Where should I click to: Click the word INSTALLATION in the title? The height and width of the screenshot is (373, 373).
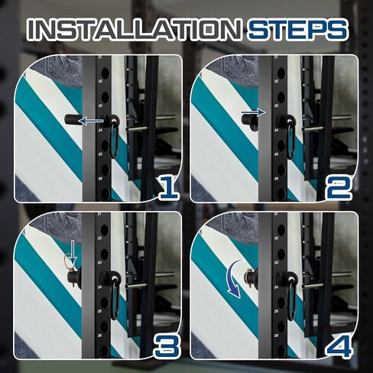(134, 31)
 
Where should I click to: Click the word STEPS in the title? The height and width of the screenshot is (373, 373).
(297, 31)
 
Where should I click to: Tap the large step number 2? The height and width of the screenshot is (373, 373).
(339, 188)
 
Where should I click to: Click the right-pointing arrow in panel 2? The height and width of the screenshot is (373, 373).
(254, 112)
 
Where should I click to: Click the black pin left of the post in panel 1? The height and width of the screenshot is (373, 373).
(73, 119)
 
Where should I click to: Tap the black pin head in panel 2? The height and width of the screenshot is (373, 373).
(250, 122)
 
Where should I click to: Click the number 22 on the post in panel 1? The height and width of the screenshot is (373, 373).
(100, 81)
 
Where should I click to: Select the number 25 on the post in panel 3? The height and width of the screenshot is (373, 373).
(99, 311)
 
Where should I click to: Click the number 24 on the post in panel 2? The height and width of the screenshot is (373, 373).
(277, 130)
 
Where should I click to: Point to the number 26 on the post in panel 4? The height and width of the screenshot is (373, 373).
(276, 336)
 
